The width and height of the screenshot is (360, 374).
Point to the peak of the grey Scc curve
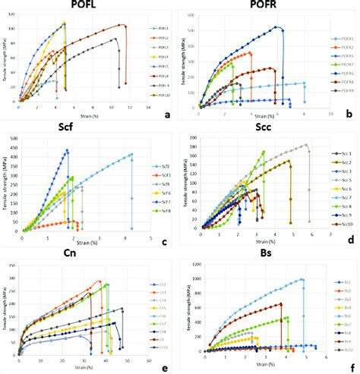coord(307,144)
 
